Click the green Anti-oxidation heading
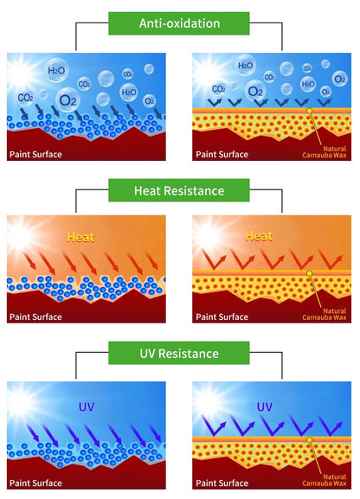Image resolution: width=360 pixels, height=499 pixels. [x=179, y=23]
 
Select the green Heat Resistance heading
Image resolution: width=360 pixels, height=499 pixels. [x=179, y=190]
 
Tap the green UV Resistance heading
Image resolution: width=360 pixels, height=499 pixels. [x=179, y=353]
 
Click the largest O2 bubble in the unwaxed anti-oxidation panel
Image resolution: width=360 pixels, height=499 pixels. [x=68, y=100]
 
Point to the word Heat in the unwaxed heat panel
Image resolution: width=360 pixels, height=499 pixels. [x=80, y=237]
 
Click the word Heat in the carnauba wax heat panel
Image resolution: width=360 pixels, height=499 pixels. [x=259, y=236]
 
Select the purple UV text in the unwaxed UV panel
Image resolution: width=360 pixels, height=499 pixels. [x=86, y=406]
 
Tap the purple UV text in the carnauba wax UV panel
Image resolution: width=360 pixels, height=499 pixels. [x=265, y=406]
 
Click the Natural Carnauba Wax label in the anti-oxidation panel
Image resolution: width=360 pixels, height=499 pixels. [x=325, y=152]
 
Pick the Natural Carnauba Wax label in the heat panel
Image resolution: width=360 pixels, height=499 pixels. [x=325, y=314]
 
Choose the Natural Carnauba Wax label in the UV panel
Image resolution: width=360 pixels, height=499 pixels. [x=325, y=480]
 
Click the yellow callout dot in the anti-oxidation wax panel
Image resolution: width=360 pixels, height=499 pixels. [x=309, y=111]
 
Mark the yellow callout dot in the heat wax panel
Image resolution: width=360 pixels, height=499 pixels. [x=309, y=273]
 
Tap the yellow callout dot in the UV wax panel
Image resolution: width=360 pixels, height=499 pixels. [x=309, y=439]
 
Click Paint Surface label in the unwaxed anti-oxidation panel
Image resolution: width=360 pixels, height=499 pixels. [x=35, y=154]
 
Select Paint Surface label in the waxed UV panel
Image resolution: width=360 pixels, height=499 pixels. [x=222, y=483]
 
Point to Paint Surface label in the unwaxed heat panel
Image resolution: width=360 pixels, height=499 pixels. [x=35, y=317]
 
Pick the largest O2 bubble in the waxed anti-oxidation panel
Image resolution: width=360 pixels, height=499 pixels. [x=255, y=92]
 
